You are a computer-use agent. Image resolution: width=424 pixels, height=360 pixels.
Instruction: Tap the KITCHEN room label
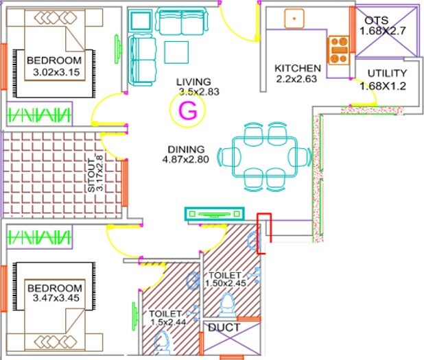point(298,69)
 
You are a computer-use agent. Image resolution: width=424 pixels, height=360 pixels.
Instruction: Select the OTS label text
point(378,20)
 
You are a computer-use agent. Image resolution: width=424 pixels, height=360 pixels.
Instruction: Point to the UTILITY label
point(387,73)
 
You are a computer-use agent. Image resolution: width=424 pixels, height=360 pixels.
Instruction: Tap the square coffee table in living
point(176,52)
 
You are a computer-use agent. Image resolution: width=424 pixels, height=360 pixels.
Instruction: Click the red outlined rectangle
point(265,233)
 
